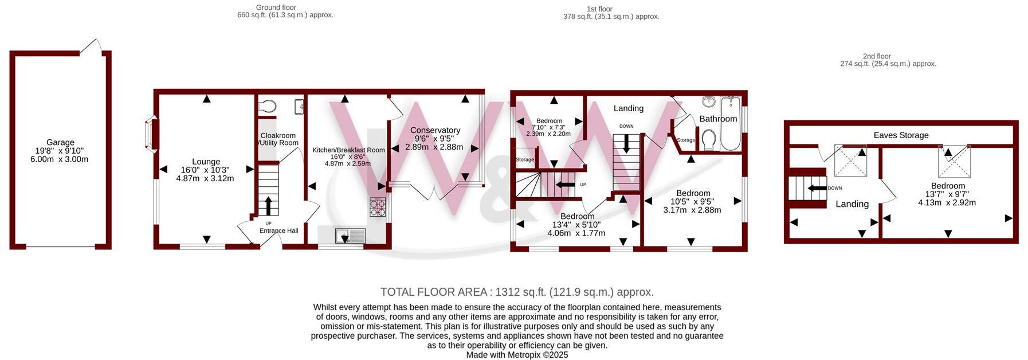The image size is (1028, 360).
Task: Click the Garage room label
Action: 60,142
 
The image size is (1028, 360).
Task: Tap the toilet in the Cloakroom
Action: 267,106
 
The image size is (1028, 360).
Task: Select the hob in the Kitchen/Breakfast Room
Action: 378,207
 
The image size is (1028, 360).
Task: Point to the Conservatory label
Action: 435,130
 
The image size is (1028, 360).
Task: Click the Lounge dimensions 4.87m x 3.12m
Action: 205,178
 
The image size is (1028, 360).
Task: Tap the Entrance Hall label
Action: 278,230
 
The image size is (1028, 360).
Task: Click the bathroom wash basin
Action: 709,101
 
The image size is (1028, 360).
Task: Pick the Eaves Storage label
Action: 901,135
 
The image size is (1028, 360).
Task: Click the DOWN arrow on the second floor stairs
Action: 817,188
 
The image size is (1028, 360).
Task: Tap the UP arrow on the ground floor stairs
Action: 268,205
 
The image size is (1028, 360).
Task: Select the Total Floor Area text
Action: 517,292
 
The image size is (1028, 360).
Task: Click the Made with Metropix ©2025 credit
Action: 517,355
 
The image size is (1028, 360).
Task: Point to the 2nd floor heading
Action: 876,56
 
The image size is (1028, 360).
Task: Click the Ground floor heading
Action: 276,7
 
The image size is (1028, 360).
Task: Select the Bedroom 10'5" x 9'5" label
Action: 693,193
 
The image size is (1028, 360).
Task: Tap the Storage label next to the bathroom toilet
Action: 685,140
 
